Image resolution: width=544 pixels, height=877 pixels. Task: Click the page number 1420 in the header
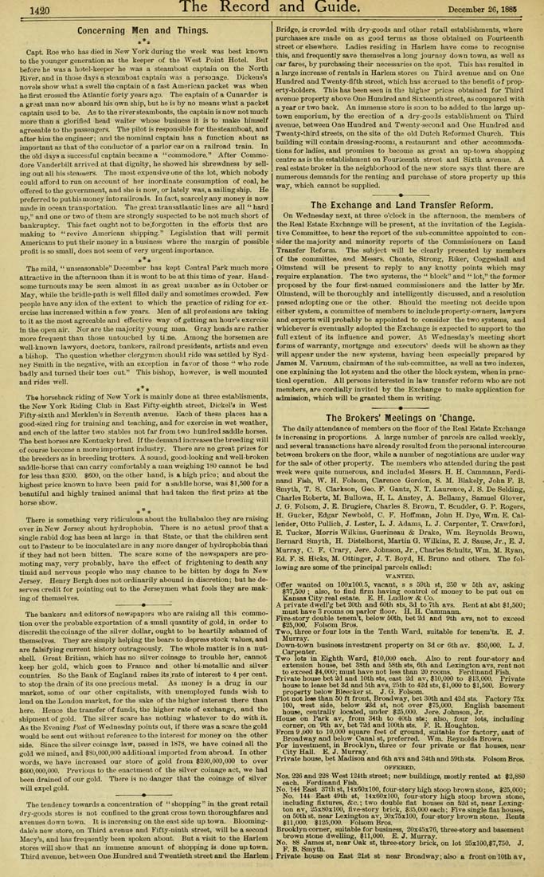33,10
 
